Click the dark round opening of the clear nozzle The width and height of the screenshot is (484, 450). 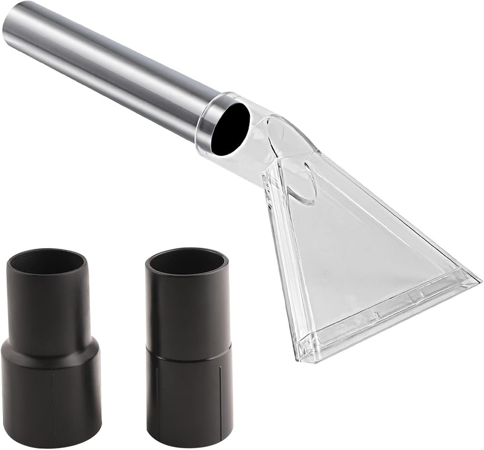(230, 128)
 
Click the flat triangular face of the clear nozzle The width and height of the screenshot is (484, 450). (357, 254)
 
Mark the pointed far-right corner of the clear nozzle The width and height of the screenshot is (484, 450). (478, 281)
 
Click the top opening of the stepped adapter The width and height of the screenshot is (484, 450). (47, 262)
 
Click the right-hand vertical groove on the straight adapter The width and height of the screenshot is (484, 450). (220, 393)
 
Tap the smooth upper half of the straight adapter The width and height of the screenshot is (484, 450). (188, 308)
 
